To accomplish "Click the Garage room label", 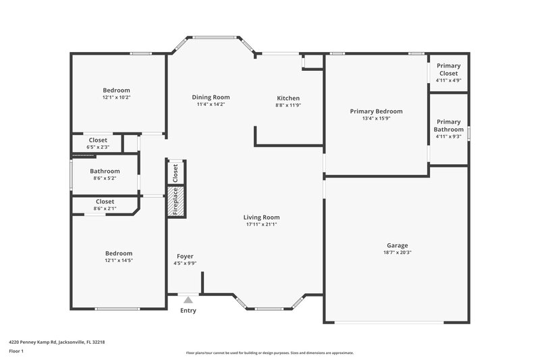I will [397, 245].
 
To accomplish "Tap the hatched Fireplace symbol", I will [174, 201].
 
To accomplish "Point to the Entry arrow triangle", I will [188, 299].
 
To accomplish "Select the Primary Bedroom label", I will [376, 111].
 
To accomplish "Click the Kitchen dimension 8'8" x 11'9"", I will [288, 105].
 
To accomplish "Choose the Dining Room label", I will [211, 97].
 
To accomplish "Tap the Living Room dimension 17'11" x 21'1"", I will [261, 224].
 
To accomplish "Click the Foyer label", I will [185, 256].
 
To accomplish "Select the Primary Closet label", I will [448, 70].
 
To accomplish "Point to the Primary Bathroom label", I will [448, 126].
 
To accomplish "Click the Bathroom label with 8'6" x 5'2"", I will [105, 171].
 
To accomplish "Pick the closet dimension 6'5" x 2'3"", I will [97, 147].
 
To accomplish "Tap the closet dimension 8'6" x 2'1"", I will [105, 208].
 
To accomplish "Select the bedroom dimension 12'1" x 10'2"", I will [116, 97].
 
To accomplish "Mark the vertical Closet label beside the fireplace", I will [175, 174].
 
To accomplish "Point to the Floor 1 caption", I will [16, 351].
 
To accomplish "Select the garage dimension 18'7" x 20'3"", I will [397, 253].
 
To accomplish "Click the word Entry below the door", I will [188, 311].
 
